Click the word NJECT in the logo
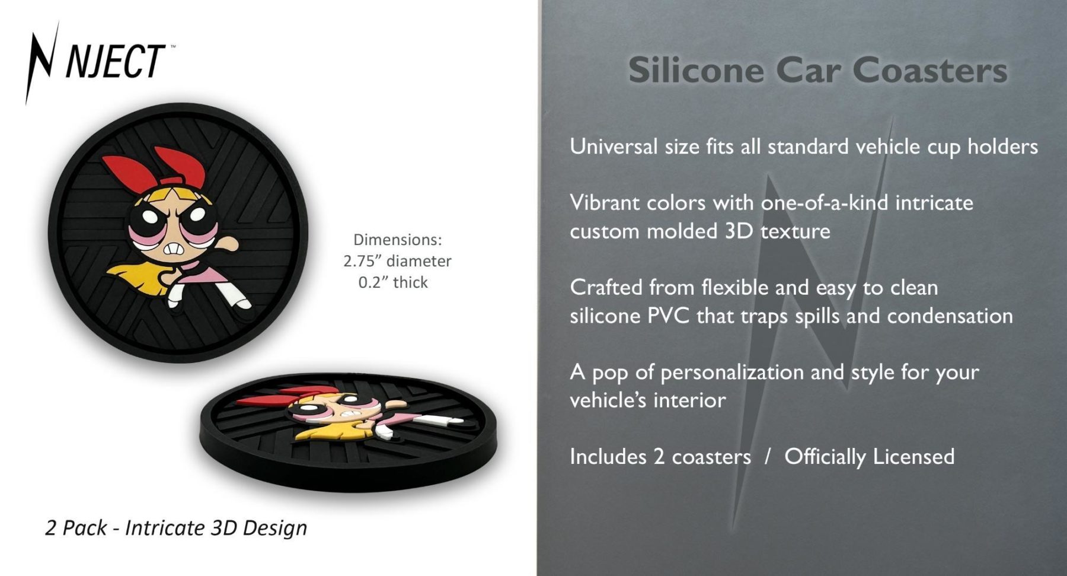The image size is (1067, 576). (x=114, y=61)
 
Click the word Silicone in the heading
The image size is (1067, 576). (x=696, y=70)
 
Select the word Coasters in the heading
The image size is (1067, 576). (x=930, y=70)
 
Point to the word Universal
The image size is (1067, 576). (x=614, y=146)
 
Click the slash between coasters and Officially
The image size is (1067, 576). (x=768, y=457)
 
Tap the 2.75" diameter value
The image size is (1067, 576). (x=397, y=261)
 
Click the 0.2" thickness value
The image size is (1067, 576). (x=393, y=282)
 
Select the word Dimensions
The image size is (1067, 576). (x=398, y=240)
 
